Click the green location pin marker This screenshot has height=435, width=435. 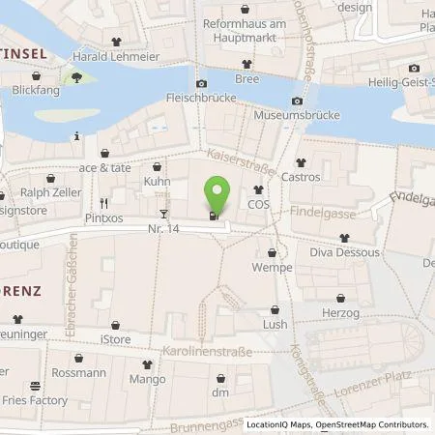click(x=217, y=194)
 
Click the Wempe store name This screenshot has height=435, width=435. click(x=272, y=267)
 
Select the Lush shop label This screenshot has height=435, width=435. click(x=275, y=325)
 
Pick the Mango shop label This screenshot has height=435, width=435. click(x=147, y=381)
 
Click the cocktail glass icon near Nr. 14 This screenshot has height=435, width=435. click(x=163, y=213)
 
